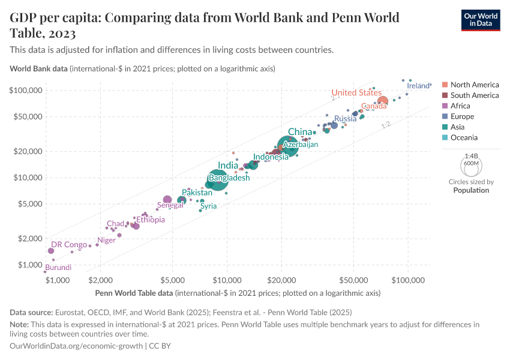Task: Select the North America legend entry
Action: (474, 85)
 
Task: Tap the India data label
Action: (228, 166)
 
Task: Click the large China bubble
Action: (288, 146)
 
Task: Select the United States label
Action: (356, 92)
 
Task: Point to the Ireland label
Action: (418, 86)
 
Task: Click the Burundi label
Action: (58, 267)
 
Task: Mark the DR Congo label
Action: (69, 245)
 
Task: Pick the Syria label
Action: (208, 206)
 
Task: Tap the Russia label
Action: (346, 118)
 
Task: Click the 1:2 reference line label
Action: (386, 125)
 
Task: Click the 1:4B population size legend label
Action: (470, 155)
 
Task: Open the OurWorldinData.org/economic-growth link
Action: (77, 346)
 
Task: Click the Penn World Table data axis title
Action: (135, 293)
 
